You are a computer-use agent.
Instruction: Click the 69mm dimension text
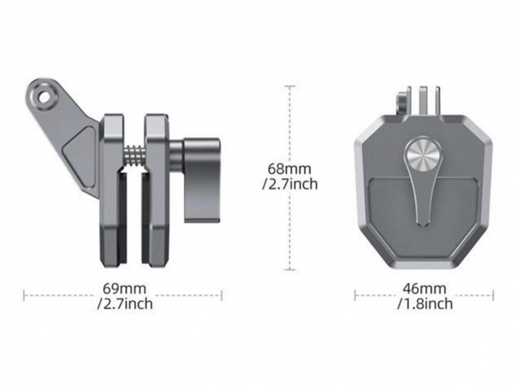(124, 289)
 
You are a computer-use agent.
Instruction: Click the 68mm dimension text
(289, 169)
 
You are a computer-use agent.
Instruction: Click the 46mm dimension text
(424, 289)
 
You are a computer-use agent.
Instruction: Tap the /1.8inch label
(425, 304)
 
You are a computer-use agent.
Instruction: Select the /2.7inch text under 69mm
(125, 304)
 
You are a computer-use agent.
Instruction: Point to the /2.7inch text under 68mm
(290, 184)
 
